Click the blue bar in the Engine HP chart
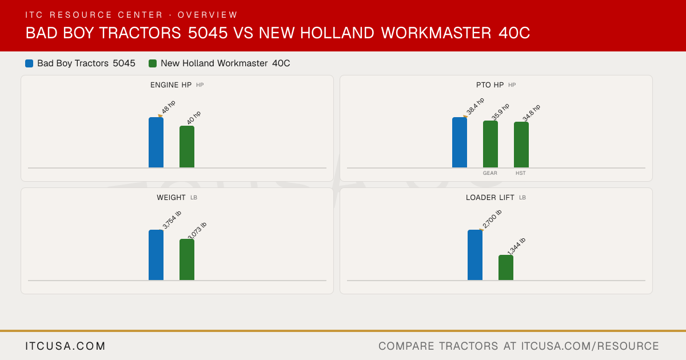[156, 142]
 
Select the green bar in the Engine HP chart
[187, 147]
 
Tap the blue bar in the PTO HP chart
[460, 142]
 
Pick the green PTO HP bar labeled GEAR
[490, 144]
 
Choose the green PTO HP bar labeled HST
[521, 145]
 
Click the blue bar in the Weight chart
[156, 255]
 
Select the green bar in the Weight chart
[187, 259]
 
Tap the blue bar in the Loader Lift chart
[475, 255]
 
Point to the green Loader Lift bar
[506, 267]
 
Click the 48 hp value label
[169, 107]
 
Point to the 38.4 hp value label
[475, 106]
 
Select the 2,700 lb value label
[492, 219]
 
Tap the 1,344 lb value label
[516, 246]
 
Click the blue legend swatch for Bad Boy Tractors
[29, 63]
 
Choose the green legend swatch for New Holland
[153, 63]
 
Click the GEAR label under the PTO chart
[490, 173]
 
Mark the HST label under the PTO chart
[521, 173]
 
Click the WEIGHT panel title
[171, 198]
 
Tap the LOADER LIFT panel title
[490, 198]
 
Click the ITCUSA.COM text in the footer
[65, 346]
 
